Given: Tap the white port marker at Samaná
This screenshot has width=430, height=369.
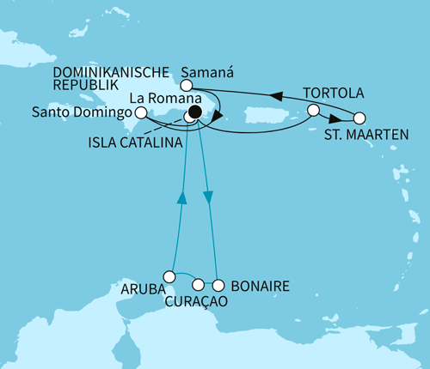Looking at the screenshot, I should pyautogui.click(x=184, y=86).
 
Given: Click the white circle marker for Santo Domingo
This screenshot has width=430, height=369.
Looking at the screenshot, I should pyautogui.click(x=140, y=111).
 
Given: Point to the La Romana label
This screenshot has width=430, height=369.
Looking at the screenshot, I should pyautogui.click(x=159, y=99).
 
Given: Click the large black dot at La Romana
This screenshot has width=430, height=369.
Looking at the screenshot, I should pyautogui.click(x=195, y=112).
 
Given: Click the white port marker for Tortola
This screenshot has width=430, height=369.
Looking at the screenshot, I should pyautogui.click(x=313, y=110).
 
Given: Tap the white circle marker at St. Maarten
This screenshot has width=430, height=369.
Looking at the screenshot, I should pyautogui.click(x=359, y=118).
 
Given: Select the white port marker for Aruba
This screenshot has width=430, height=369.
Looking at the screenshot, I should pyautogui.click(x=169, y=276).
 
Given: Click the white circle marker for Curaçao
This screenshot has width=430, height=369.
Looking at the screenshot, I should pyautogui.click(x=199, y=285).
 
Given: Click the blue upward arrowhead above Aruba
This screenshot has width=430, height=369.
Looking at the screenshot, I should pyautogui.click(x=181, y=198).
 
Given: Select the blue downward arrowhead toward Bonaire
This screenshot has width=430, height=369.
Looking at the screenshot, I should pyautogui.click(x=208, y=198).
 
